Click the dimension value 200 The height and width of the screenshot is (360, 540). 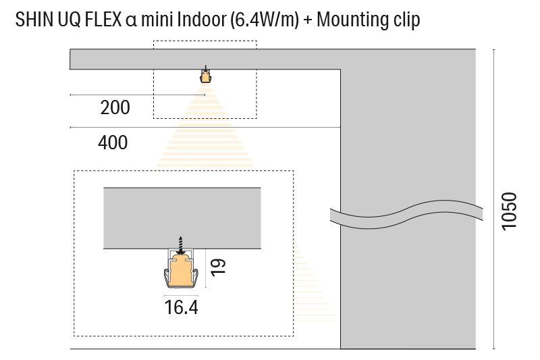[115, 107]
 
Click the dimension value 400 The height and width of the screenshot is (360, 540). [113, 143]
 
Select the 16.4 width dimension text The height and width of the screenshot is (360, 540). [181, 308]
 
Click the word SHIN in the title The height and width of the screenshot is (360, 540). [32, 20]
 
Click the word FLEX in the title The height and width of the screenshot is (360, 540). [104, 20]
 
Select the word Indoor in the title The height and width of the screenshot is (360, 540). [200, 20]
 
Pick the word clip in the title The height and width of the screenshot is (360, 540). [406, 20]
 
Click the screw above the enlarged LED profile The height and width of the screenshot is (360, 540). [180, 244]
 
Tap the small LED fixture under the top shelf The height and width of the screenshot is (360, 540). [205, 76]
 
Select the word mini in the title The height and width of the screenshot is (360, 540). [157, 20]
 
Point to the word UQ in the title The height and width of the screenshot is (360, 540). [69, 20]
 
